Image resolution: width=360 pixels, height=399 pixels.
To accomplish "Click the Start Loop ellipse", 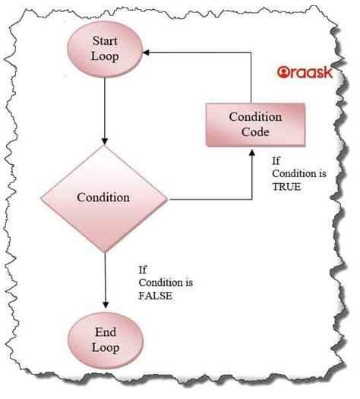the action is [105, 49].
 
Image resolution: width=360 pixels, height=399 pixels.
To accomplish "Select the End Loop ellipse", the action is [106, 340].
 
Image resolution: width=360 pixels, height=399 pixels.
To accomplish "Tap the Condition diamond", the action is [104, 198].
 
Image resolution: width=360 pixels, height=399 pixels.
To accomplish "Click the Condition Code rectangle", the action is [255, 125].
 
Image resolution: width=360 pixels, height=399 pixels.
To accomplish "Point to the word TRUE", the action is [286, 187].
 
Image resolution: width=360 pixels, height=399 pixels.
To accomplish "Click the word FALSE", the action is [156, 296].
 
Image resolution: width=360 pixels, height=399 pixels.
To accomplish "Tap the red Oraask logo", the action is [305, 72].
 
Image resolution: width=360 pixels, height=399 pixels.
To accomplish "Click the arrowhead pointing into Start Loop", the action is [146, 52].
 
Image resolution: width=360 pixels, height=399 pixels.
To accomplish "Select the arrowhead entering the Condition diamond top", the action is [105, 141].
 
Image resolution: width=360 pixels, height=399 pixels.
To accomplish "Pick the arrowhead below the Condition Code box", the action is [252, 152].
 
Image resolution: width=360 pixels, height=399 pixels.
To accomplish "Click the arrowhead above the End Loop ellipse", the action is [106, 305].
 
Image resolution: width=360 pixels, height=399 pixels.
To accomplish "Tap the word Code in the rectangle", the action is [255, 131].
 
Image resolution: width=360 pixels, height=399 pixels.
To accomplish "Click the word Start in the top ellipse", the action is [105, 41].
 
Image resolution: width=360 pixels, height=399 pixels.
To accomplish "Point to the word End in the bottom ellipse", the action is [106, 332].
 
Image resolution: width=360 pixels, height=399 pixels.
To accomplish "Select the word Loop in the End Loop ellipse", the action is [106, 347].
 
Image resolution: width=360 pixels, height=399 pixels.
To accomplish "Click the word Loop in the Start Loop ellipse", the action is [105, 56].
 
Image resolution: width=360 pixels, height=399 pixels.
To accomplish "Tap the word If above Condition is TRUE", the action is [276, 161].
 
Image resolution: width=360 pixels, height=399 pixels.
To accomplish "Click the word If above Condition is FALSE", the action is [143, 270].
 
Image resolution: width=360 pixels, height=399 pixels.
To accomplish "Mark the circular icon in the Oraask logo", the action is [283, 72].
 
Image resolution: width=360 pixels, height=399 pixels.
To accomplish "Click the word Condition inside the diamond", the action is [103, 198].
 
